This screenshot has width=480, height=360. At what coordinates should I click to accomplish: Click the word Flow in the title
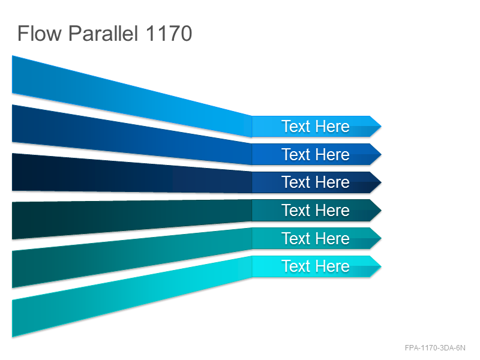coord(40,33)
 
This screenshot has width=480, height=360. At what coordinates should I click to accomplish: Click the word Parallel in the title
coord(103,33)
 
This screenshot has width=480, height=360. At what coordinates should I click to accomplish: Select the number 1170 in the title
coord(169,33)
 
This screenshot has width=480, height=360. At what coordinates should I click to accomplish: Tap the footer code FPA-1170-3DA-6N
coord(435,348)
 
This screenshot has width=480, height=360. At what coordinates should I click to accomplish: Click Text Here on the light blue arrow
coord(316,126)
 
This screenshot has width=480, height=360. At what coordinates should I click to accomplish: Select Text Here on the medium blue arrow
coord(316,154)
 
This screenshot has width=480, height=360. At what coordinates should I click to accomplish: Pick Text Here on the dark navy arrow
coord(316,182)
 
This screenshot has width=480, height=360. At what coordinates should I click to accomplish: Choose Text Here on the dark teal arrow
coord(316,211)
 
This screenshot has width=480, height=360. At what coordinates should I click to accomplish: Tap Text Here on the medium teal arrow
coord(316,238)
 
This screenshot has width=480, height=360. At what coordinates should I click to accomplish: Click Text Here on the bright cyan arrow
coord(316,266)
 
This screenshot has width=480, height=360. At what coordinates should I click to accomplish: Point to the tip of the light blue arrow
coord(381,126)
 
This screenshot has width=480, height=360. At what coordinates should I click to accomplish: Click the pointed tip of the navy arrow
coord(381,182)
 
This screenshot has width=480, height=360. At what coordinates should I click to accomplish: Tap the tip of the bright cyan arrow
coord(381,266)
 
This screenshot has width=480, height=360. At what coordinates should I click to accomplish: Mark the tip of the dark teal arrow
coord(381,211)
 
